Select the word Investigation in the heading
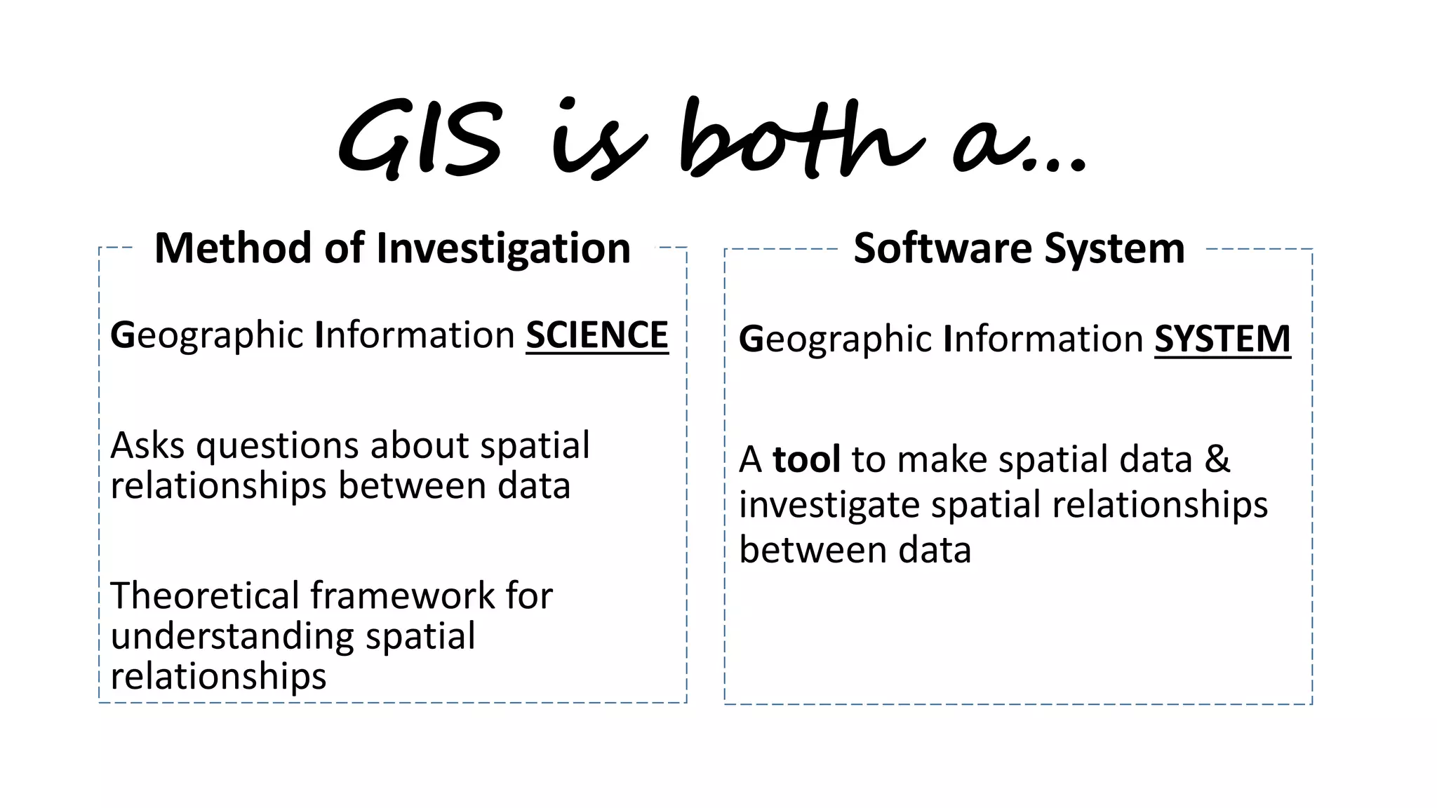(x=504, y=250)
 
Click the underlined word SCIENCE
(x=597, y=335)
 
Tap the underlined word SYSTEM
(x=1222, y=339)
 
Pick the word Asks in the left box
(x=147, y=445)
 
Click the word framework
(x=403, y=595)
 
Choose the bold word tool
(x=806, y=459)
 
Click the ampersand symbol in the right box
(x=1217, y=459)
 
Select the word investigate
(x=829, y=506)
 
